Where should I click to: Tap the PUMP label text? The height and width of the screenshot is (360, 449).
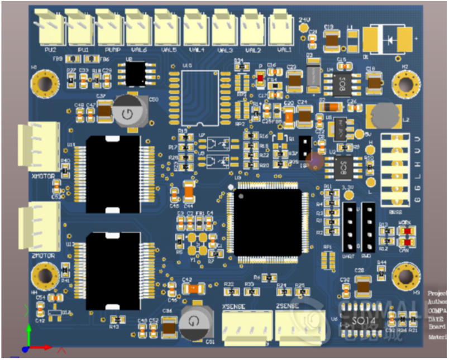point(112,50)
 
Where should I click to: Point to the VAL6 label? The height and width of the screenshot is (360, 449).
point(137,50)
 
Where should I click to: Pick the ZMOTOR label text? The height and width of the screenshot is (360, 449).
point(44,256)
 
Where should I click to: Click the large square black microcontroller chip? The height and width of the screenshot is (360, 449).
point(267,222)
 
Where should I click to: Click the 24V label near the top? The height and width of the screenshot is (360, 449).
point(304,20)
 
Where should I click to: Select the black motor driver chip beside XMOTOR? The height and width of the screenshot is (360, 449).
point(114,174)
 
